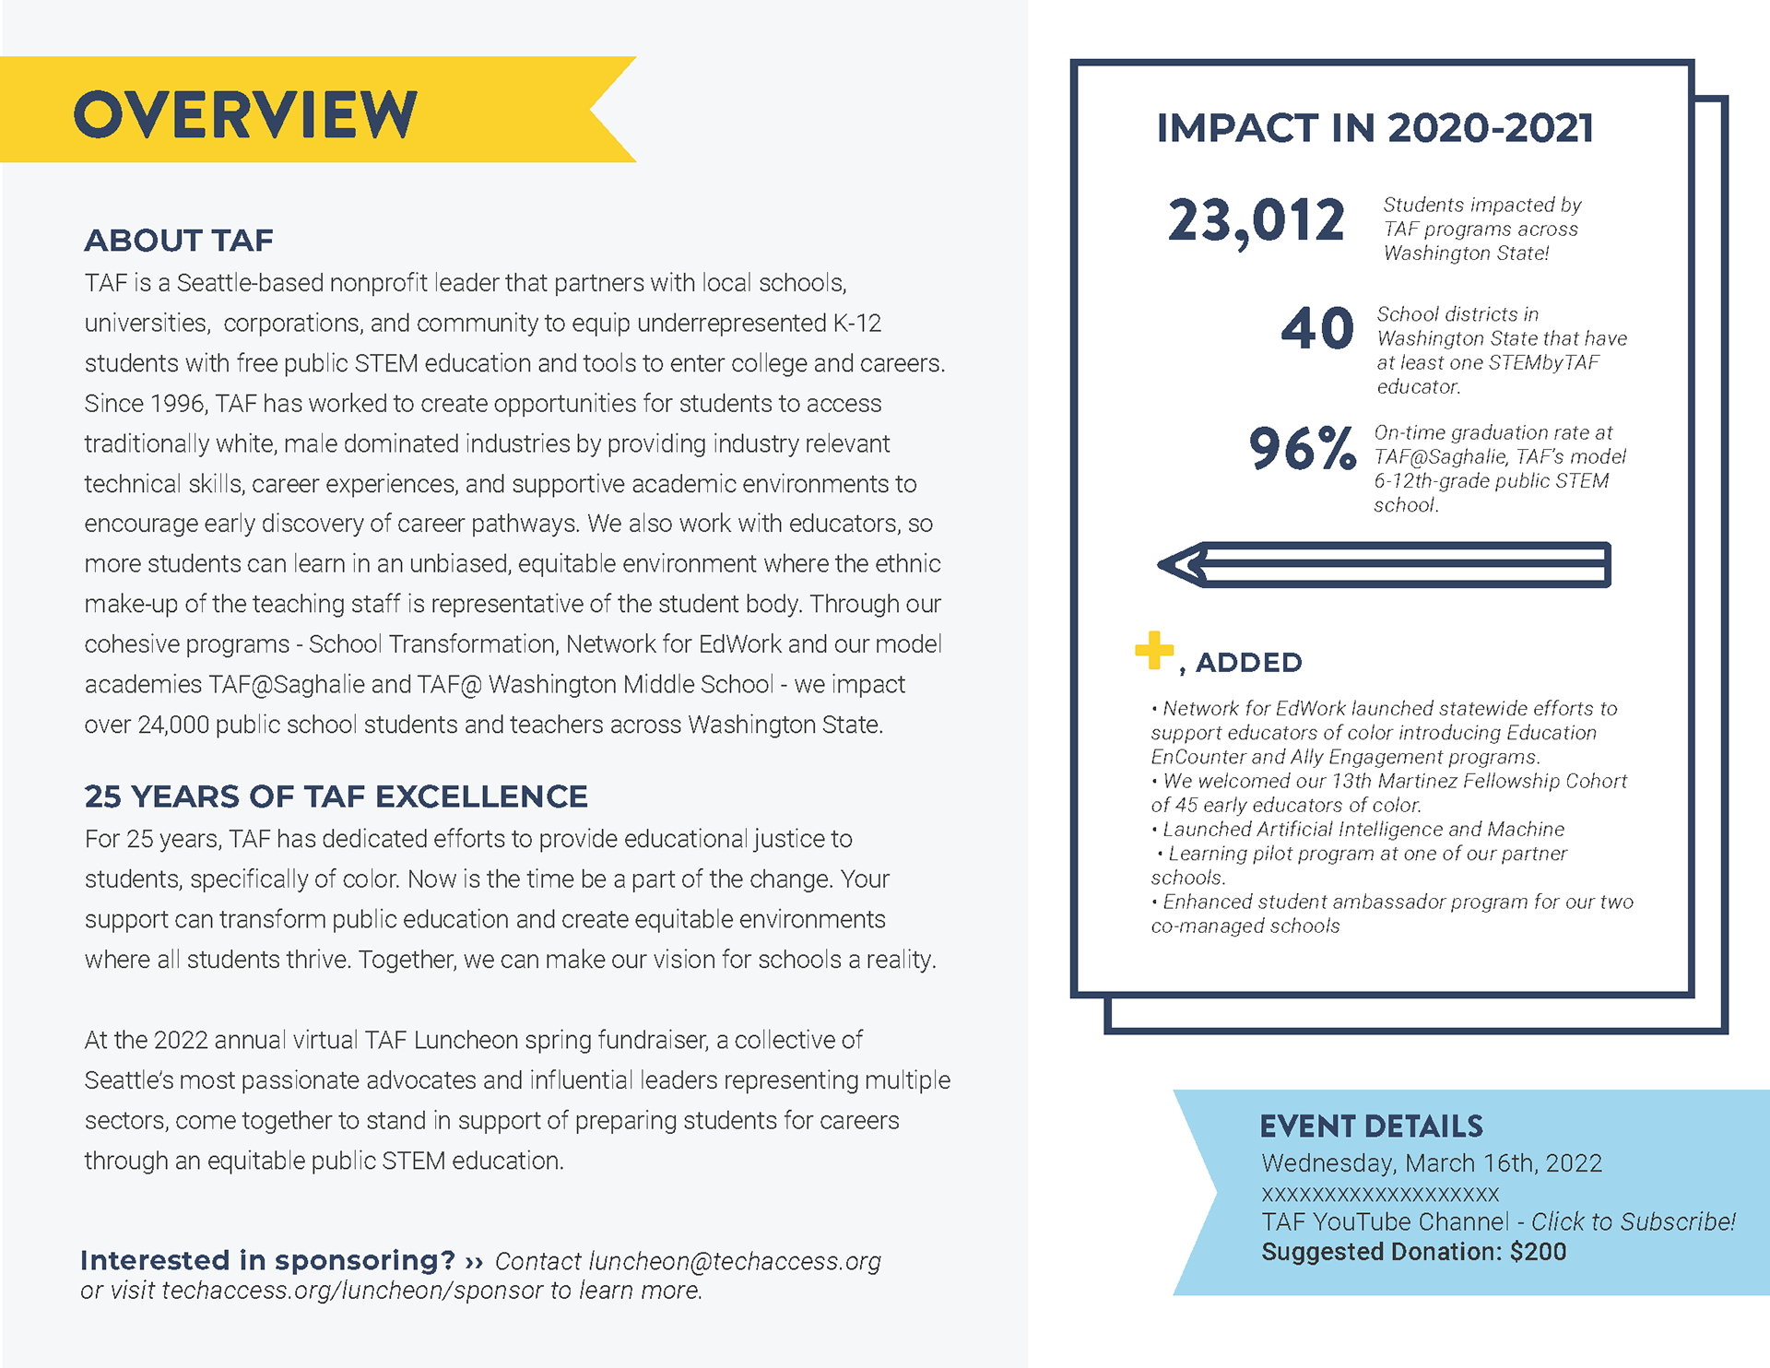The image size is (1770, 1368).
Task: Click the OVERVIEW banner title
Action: click(x=245, y=114)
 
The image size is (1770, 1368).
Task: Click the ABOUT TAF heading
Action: click(x=179, y=241)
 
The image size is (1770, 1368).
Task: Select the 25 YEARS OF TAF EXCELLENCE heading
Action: click(x=336, y=796)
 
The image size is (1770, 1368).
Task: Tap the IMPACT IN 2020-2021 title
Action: click(x=1375, y=128)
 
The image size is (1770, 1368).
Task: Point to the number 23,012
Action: click(x=1257, y=222)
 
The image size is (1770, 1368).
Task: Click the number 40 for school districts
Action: click(x=1317, y=329)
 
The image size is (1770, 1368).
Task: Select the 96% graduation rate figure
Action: click(x=1302, y=449)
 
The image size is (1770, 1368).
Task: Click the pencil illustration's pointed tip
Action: click(x=1160, y=564)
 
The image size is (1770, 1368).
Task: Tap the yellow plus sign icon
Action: click(x=1154, y=650)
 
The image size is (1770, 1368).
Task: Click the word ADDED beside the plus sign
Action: click(x=1248, y=662)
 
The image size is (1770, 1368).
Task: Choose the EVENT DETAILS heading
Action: click(x=1371, y=1126)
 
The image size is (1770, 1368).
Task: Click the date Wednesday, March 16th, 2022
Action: click(x=1432, y=1163)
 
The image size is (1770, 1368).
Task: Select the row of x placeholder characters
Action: click(x=1380, y=1195)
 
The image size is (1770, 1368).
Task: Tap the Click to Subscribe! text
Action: click(x=1633, y=1221)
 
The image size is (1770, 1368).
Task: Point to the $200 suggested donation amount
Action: click(x=1538, y=1252)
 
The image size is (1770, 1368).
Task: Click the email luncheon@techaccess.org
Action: click(x=735, y=1261)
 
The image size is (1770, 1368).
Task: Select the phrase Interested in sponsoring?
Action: click(x=267, y=1260)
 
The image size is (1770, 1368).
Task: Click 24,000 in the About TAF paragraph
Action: click(x=173, y=725)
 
